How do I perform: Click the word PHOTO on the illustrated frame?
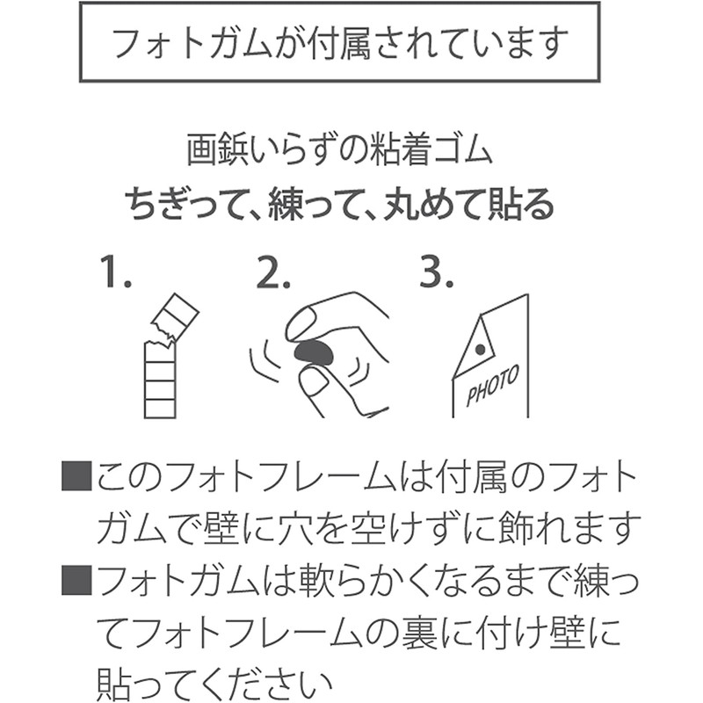492,385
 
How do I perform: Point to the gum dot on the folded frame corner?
480,349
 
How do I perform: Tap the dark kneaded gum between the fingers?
314,353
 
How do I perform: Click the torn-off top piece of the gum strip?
175,317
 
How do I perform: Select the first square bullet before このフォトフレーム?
76,476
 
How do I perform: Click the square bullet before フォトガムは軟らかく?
76,580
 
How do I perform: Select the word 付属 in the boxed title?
342,43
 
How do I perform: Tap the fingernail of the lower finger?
313,381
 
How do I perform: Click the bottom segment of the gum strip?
160,409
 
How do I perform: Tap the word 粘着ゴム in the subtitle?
431,149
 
